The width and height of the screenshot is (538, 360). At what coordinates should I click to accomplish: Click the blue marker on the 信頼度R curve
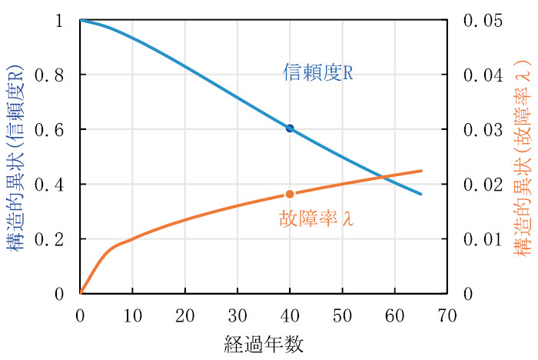click(290, 128)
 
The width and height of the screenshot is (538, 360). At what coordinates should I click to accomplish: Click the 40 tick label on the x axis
click(290, 315)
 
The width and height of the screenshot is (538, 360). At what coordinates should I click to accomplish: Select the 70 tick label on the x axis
click(447, 315)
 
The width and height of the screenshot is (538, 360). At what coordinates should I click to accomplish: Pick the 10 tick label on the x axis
click(132, 315)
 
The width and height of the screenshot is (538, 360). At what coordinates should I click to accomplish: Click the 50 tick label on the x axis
click(342, 315)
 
